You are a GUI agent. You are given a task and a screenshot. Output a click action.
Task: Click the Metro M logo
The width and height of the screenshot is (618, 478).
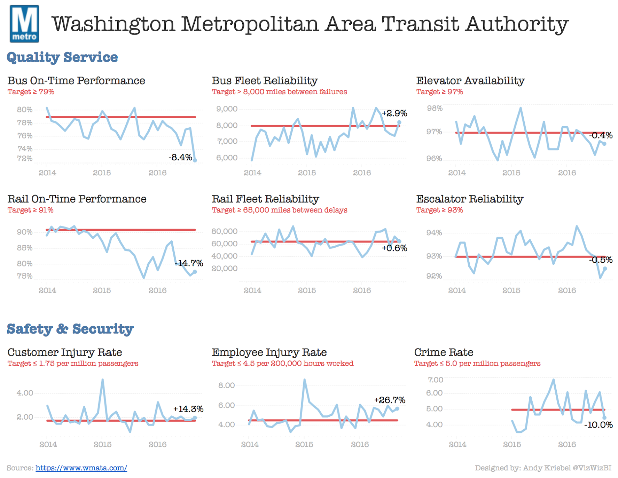(24, 24)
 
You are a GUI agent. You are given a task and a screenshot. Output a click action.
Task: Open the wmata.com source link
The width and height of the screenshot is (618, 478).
(81, 468)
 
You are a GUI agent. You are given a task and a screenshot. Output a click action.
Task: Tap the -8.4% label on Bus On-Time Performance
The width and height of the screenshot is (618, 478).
(180, 157)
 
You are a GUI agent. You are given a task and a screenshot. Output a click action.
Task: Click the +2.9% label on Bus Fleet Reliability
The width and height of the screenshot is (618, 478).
(394, 113)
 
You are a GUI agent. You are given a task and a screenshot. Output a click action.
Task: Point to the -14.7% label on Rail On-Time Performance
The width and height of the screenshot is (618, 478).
(189, 263)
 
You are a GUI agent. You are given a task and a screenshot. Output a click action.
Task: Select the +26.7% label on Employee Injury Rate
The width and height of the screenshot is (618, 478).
(390, 400)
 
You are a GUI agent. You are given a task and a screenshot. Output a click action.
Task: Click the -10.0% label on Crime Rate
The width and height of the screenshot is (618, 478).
(598, 425)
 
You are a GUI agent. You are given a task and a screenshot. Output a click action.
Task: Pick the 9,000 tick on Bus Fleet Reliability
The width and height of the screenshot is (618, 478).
(227, 109)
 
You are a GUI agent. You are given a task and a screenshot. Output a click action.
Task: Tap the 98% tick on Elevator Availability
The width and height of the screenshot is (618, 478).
(435, 108)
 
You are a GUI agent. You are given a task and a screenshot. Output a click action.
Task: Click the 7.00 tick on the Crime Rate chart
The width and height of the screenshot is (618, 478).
(435, 380)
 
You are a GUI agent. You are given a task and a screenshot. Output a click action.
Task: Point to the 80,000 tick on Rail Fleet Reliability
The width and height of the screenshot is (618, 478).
(224, 231)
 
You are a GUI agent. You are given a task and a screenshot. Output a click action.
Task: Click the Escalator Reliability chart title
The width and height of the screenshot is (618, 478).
(470, 199)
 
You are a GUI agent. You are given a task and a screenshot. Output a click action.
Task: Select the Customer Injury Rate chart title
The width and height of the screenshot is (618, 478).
(65, 352)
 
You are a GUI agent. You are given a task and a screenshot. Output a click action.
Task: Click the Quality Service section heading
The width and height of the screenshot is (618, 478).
(62, 57)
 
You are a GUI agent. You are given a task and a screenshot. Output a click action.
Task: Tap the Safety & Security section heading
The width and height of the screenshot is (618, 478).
(70, 329)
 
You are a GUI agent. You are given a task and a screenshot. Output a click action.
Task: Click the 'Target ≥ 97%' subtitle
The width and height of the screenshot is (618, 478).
(439, 92)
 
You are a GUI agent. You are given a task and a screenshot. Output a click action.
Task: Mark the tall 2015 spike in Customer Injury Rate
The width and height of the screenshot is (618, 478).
(102, 380)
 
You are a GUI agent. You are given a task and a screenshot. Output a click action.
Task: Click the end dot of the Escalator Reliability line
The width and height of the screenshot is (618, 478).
(605, 269)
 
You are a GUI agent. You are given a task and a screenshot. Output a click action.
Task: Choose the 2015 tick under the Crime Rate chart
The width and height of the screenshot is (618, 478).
(512, 444)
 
